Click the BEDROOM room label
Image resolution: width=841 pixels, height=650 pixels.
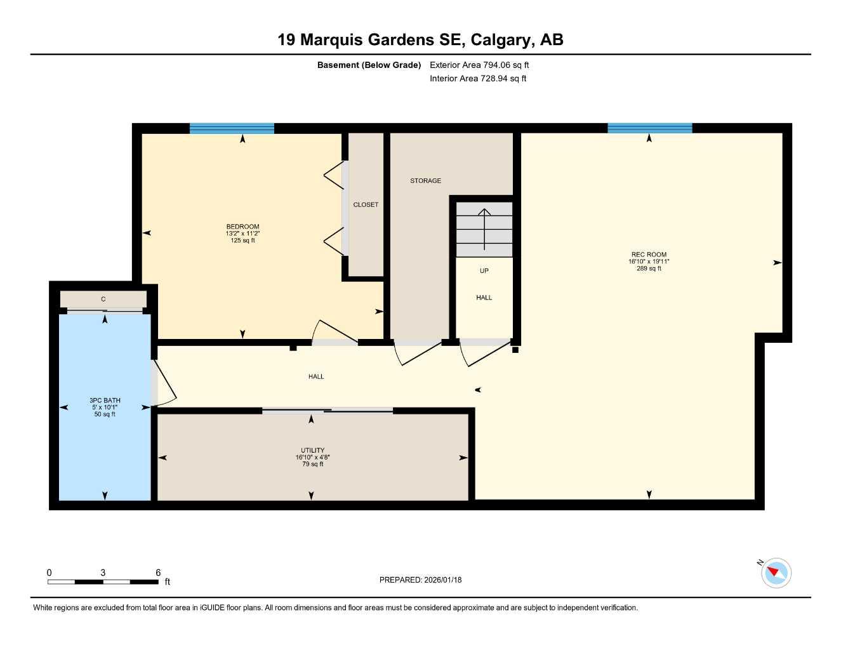click(x=242, y=227)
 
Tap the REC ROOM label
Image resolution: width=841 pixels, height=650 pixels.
click(x=649, y=255)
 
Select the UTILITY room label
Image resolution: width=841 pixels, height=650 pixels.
click(x=312, y=450)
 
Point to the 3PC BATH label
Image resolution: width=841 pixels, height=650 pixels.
click(x=105, y=401)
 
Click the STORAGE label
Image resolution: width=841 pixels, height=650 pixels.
click(x=425, y=181)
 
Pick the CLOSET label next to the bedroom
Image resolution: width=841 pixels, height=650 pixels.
click(x=366, y=204)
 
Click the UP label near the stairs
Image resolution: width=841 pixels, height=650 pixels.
click(x=484, y=271)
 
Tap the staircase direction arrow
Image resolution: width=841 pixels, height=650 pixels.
click(x=484, y=229)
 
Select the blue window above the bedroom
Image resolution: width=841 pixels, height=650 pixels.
click(x=232, y=128)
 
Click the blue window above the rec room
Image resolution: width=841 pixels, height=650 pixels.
click(x=649, y=128)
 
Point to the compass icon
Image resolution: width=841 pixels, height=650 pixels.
click(x=776, y=573)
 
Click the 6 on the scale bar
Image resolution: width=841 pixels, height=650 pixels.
click(x=158, y=573)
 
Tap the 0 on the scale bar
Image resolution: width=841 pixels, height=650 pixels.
click(x=50, y=573)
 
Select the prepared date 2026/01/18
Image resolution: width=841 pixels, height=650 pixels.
click(x=442, y=580)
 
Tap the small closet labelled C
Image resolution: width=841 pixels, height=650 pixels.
click(x=103, y=299)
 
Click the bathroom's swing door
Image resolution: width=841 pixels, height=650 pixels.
click(x=165, y=384)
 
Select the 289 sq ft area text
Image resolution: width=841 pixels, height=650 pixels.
click(x=649, y=269)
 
